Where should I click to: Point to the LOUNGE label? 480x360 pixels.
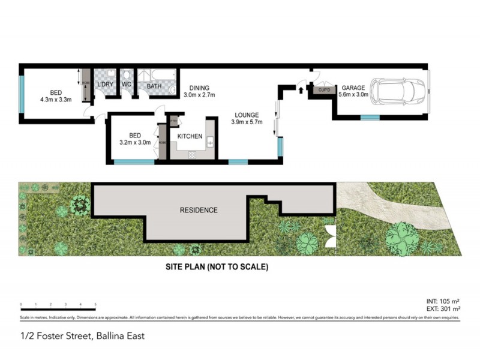coord(247,115)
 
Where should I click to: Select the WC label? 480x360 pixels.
coord(127,85)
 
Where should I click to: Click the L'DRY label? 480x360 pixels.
coord(105,85)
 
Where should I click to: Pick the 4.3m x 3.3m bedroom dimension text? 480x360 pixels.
coord(56,100)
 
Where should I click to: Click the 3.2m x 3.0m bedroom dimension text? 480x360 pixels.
coord(135,143)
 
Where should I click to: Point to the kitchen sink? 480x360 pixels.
coord(211,142)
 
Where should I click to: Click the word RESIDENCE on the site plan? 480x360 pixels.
coord(199,211)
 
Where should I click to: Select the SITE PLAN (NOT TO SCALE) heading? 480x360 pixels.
coord(217,268)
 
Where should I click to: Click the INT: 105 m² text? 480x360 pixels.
coord(442,301)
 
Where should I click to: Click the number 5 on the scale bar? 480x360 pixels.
coord(95,305)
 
